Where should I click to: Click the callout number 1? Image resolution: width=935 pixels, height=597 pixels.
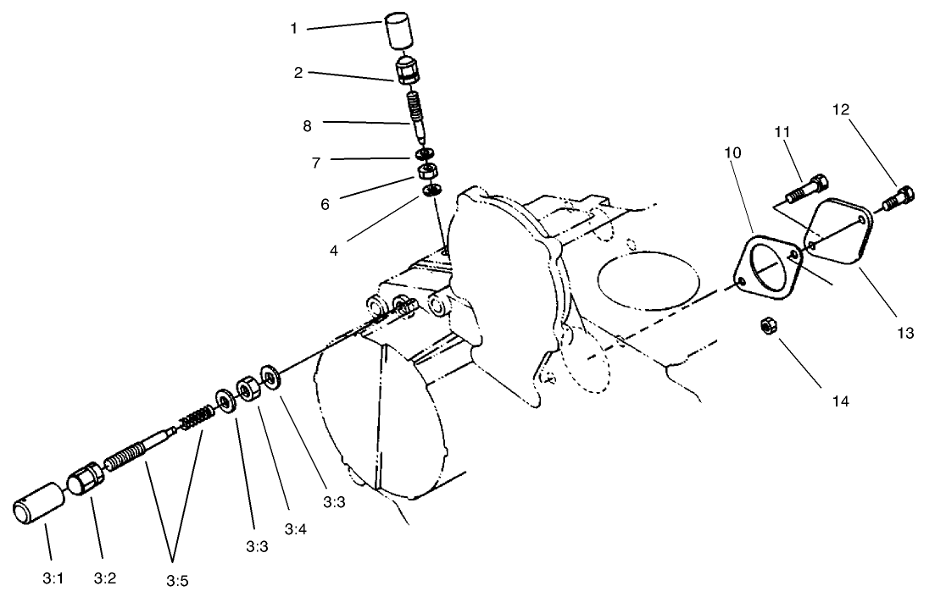tap(293, 28)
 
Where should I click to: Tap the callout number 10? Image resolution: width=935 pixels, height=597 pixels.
tap(732, 153)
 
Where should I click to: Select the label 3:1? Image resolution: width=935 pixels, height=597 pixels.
tap(52, 579)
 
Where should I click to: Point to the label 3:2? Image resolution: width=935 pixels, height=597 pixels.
tap(104, 579)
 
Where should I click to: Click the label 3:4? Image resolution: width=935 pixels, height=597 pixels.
tap(295, 529)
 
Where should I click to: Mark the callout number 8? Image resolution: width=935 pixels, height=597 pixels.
tap(307, 125)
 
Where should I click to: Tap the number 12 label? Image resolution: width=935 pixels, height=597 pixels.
tap(840, 109)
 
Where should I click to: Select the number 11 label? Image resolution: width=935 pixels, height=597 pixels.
tap(781, 131)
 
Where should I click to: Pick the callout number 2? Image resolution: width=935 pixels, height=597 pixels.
tap(298, 73)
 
